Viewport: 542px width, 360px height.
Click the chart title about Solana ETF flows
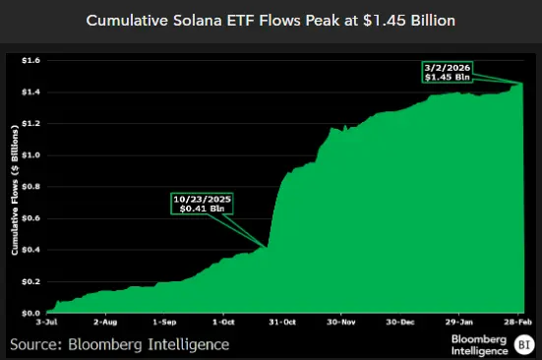(271, 20)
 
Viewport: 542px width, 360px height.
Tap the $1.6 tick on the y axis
(32, 60)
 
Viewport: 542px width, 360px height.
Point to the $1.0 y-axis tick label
(32, 155)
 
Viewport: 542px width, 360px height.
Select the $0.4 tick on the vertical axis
(32, 250)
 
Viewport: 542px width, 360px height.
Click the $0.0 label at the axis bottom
(32, 313)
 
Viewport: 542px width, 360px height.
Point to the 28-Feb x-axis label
(518, 322)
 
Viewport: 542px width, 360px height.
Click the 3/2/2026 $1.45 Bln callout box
(448, 71)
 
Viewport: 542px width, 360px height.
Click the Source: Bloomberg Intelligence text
(120, 344)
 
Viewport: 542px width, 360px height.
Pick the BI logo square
(524, 344)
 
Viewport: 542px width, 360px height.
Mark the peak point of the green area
(521, 85)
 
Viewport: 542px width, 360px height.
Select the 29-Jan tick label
(460, 322)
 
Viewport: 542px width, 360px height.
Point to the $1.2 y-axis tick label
(32, 124)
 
